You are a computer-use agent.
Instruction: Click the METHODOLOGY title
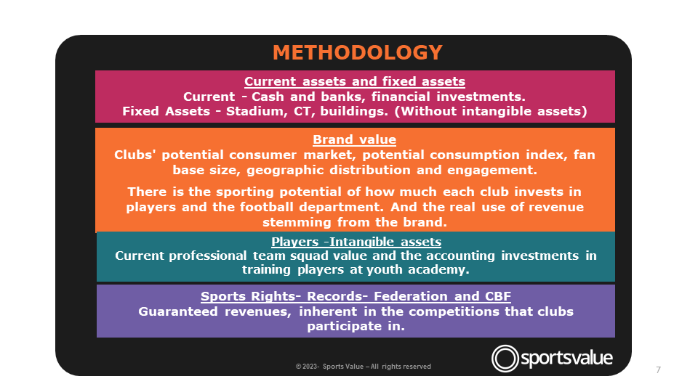(358, 52)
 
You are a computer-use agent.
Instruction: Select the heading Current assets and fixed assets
(355, 81)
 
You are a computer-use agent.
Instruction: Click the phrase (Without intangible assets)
(491, 111)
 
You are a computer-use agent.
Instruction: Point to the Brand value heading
(354, 139)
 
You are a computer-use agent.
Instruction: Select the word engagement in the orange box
(492, 170)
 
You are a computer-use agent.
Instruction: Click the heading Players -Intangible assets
(356, 242)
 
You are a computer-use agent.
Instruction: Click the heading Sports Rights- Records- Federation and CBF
(356, 296)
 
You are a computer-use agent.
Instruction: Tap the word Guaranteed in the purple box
(178, 311)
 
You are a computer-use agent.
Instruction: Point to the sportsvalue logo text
(566, 358)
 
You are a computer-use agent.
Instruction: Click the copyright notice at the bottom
(364, 367)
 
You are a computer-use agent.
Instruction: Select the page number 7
(659, 369)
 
